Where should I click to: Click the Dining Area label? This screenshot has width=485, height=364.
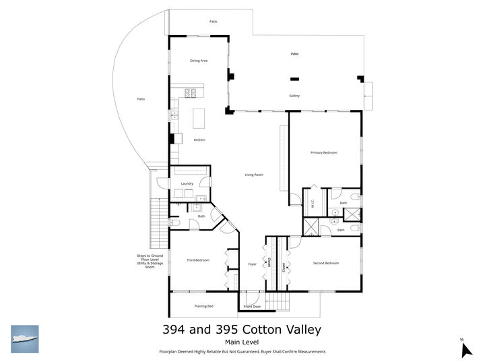coord(199,61)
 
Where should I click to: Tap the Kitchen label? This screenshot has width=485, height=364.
coord(199,140)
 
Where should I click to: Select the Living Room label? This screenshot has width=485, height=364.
coord(254,175)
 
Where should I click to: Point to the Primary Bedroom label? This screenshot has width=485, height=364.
coord(324,153)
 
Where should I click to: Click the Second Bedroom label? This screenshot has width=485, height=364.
coord(326,263)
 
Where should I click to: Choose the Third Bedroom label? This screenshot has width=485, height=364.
coord(198,260)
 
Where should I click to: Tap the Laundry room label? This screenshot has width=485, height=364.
coord(187,183)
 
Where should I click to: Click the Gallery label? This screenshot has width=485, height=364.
coord(294,96)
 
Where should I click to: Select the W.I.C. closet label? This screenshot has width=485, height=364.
coord(313,202)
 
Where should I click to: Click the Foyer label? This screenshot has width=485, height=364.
coord(252,264)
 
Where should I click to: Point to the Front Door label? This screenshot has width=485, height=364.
coord(253,306)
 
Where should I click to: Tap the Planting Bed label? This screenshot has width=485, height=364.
coord(204,306)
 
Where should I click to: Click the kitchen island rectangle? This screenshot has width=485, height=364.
coord(199,118)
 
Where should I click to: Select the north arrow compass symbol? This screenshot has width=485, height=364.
coord(465,349)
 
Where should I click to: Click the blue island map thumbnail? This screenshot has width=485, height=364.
coord(25,339)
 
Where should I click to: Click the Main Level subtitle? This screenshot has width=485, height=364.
coord(242,342)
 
